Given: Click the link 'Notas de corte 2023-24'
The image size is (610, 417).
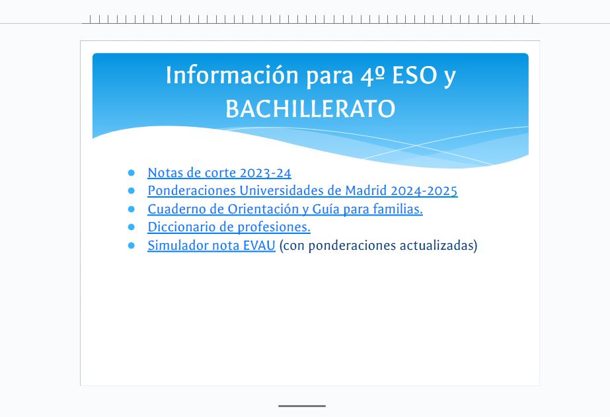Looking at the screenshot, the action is [x=219, y=172].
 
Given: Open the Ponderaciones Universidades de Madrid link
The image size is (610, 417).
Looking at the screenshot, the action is [x=303, y=190].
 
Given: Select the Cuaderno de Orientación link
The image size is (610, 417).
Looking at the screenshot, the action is [x=285, y=209].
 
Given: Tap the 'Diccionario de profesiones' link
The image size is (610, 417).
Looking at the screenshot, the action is [x=229, y=227].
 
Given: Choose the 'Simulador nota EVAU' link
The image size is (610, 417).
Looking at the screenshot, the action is [x=211, y=245].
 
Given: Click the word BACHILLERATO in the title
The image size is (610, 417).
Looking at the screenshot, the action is [x=311, y=109].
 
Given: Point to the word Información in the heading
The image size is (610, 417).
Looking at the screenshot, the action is [x=232, y=75].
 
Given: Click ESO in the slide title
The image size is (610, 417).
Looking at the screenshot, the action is [x=414, y=75].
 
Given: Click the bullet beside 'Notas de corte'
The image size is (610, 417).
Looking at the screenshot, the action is [x=131, y=172].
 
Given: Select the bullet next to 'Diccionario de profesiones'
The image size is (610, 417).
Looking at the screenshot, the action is [x=131, y=227].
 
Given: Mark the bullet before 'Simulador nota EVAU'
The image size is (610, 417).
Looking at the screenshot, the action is [x=131, y=245].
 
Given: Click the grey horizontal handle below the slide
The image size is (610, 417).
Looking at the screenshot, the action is [x=302, y=406].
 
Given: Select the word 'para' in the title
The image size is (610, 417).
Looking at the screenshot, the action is [x=330, y=76].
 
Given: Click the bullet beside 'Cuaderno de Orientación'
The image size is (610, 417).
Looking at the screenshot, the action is [x=131, y=209].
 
